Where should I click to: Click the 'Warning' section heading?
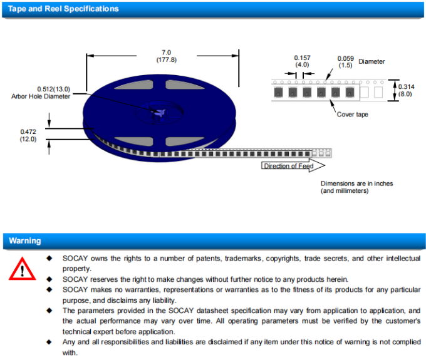25,240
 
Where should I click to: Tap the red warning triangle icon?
23,269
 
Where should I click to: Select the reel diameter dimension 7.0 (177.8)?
166,56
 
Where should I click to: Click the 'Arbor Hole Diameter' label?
41,96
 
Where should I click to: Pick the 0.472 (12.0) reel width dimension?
28,135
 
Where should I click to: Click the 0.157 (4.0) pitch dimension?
302,61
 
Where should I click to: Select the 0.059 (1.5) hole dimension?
345,61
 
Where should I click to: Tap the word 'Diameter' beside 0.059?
371,61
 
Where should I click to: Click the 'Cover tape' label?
353,114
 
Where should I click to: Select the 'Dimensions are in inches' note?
356,183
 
